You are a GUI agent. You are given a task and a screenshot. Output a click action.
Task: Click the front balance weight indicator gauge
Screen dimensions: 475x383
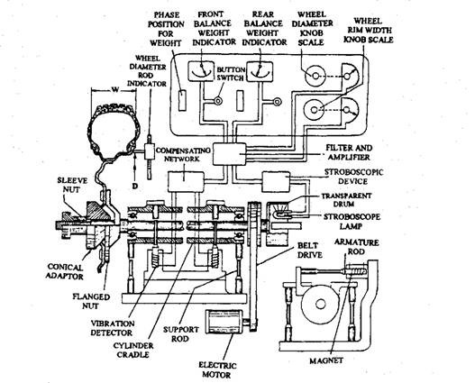pyautogui.click(x=201, y=71)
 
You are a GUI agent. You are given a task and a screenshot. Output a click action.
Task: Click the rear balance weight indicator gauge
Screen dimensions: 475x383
pyautogui.click(x=260, y=71)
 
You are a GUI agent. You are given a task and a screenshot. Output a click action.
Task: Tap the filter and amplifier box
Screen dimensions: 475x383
pyautogui.click(x=229, y=154)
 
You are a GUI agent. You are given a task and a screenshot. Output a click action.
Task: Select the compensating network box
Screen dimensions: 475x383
pyautogui.click(x=186, y=181)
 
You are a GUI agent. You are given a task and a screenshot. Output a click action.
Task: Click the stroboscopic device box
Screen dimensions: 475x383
pyautogui.click(x=276, y=182)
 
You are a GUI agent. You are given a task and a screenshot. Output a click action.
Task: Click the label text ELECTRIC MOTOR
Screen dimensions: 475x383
pyautogui.click(x=217, y=369)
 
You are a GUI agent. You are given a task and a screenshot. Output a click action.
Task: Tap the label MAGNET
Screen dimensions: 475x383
pyautogui.click(x=326, y=360)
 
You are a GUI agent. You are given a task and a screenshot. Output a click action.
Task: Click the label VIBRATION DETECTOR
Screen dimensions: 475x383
pyautogui.click(x=112, y=328)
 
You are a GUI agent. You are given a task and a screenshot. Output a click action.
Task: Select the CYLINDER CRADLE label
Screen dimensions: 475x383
pyautogui.click(x=133, y=350)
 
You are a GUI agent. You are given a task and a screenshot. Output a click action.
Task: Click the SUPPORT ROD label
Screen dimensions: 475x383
pyautogui.click(x=180, y=333)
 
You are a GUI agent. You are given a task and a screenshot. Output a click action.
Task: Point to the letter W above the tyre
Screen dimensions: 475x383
pyautogui.click(x=114, y=89)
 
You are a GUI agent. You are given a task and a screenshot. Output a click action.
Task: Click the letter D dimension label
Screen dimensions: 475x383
pyautogui.click(x=135, y=186)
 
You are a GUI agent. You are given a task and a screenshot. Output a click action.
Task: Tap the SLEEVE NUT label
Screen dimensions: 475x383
pyautogui.click(x=72, y=185)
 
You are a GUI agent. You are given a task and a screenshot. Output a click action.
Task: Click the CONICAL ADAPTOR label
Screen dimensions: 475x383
pyautogui.click(x=66, y=272)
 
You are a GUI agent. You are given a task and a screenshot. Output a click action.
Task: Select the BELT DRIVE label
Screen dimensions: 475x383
pyautogui.click(x=309, y=251)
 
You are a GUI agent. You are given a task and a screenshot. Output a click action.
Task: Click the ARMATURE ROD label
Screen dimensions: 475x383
pyautogui.click(x=357, y=247)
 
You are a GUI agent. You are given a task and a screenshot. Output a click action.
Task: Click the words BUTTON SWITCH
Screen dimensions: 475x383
pyautogui.click(x=230, y=74)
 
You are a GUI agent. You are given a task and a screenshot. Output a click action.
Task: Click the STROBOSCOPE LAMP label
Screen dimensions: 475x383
pyautogui.click(x=352, y=222)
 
